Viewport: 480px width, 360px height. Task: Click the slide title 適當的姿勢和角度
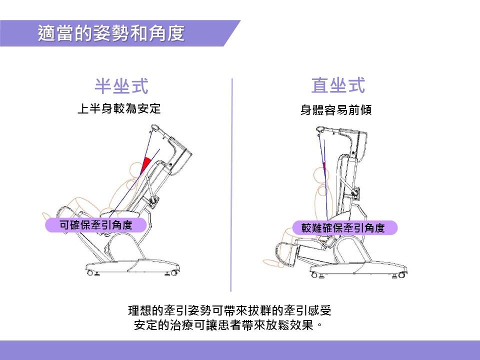click(111, 33)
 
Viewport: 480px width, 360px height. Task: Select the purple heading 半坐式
click(121, 86)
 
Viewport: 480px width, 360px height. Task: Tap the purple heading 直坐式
click(338, 85)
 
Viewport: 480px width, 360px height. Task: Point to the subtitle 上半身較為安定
click(119, 108)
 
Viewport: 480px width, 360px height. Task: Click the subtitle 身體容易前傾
click(336, 109)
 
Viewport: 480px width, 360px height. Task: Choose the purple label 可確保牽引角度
click(96, 225)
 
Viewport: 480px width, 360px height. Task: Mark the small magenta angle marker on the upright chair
click(324, 167)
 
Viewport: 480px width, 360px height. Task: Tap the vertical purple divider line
click(231, 185)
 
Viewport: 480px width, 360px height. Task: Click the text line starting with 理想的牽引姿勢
click(229, 310)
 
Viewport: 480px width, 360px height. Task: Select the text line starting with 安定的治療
click(228, 324)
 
